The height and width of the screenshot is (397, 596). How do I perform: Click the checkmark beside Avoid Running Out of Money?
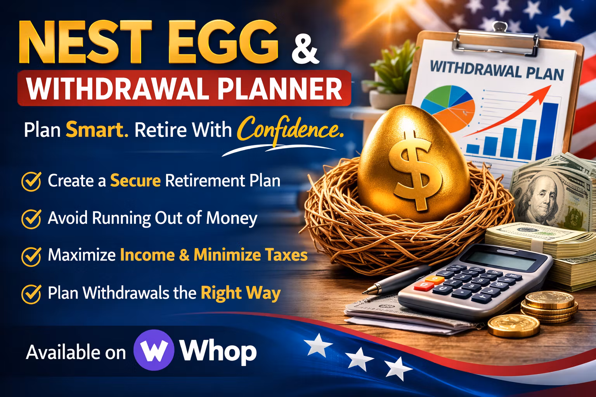[31, 218]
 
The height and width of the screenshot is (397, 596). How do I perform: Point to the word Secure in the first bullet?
[135, 181]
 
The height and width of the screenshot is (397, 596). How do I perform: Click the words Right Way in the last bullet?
[240, 292]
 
